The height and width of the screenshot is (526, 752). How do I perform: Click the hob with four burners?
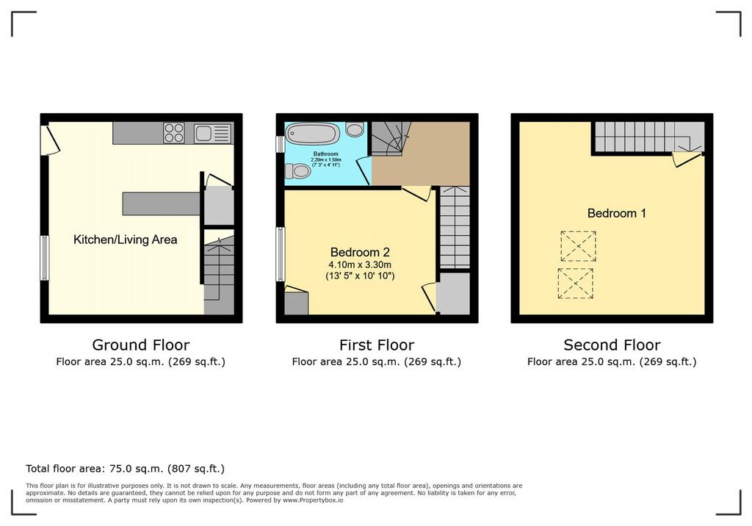(x=173, y=133)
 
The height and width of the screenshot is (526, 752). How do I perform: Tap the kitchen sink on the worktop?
(x=213, y=133)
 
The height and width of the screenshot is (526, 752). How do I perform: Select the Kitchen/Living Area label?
(x=125, y=239)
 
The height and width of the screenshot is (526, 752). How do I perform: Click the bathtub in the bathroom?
(x=313, y=134)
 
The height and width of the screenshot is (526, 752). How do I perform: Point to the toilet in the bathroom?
(x=298, y=170)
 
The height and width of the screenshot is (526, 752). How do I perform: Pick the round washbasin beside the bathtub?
(x=355, y=129)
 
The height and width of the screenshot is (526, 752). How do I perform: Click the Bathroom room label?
(x=325, y=154)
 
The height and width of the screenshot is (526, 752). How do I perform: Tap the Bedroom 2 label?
(x=360, y=252)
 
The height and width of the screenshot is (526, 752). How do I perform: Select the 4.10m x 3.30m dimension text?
(x=360, y=264)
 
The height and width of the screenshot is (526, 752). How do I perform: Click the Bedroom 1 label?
(x=617, y=213)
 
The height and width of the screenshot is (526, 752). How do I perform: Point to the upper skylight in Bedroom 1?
(x=579, y=246)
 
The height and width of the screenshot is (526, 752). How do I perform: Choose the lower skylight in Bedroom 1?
(x=576, y=283)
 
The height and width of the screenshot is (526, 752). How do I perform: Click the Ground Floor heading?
(x=141, y=345)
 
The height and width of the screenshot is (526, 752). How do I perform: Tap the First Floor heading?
(x=377, y=345)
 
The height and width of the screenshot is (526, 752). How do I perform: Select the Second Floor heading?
(x=612, y=345)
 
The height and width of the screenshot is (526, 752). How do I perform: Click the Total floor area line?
(x=125, y=469)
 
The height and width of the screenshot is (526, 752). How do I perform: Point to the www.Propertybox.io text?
(x=313, y=500)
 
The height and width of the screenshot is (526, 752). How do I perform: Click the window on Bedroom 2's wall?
(x=281, y=254)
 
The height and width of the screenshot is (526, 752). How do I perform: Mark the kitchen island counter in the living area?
(x=161, y=203)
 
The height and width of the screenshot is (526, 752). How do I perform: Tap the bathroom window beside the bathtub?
(x=280, y=145)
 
